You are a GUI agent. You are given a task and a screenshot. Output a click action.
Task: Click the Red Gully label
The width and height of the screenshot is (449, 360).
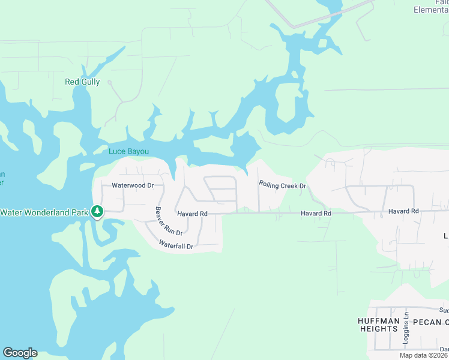82,82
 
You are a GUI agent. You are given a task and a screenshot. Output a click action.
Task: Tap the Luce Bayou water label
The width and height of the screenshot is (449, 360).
128,151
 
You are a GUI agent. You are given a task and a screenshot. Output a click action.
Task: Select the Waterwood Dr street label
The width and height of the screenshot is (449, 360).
133,185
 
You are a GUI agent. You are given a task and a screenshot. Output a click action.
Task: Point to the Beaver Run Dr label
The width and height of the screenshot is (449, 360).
169,221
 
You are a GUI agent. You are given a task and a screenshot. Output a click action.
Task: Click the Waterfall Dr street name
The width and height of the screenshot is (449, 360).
176,245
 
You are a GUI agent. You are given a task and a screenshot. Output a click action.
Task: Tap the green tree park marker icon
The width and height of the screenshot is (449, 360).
97,212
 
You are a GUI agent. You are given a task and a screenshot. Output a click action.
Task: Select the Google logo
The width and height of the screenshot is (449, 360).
20,353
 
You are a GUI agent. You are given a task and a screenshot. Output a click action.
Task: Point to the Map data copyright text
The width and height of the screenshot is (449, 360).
424,355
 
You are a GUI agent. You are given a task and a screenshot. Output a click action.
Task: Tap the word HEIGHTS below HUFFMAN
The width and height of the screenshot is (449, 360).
379,329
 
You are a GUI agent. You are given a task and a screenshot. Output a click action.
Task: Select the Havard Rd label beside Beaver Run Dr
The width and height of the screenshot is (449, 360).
192,214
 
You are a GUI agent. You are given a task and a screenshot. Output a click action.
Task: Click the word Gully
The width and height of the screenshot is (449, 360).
91,82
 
